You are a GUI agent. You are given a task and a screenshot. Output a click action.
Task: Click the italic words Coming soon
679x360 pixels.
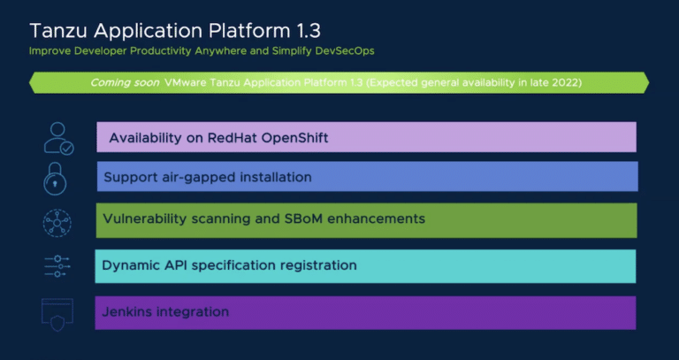tap(125, 82)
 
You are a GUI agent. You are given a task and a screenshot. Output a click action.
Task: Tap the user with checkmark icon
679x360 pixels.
tap(59, 138)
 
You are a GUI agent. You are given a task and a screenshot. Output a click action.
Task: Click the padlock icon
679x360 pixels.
tap(55, 179)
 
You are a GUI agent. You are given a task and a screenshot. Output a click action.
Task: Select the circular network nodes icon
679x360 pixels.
tap(57, 223)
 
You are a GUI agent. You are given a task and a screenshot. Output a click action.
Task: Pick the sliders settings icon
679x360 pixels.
tap(57, 266)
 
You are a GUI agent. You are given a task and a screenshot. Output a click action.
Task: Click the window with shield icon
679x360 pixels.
tap(57, 315)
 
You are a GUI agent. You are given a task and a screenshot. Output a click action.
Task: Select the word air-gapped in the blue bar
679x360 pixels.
tap(188, 178)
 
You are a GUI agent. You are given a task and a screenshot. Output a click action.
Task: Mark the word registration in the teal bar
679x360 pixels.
tap(318, 265)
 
